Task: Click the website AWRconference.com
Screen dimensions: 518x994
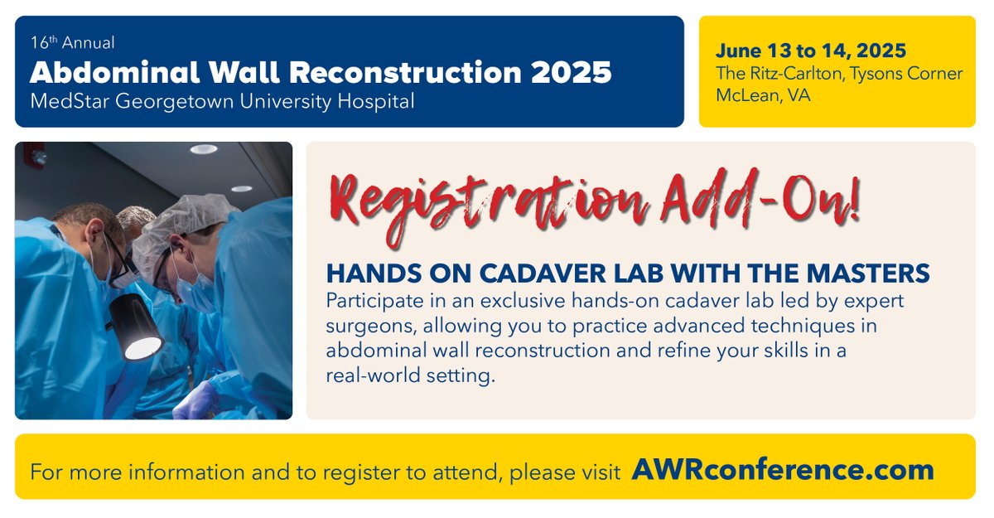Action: [x=782, y=470]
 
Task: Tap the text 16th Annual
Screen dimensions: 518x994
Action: [x=72, y=43]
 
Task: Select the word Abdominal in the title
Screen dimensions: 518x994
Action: [x=104, y=72]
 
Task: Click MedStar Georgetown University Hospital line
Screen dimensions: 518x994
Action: [x=222, y=101]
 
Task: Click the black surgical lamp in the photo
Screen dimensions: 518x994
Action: [x=136, y=327]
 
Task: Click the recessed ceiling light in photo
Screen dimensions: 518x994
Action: [x=202, y=149]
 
